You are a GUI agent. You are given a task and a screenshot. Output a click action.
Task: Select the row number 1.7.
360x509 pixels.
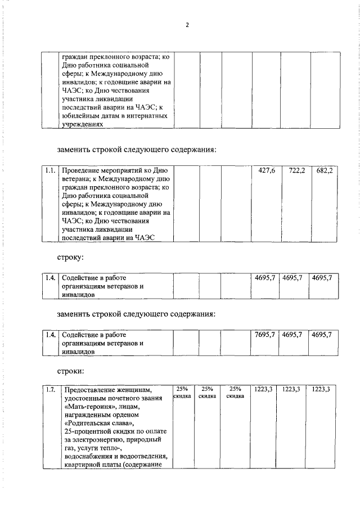pos(51,389)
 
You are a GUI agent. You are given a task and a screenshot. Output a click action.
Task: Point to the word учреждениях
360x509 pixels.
pos(83,124)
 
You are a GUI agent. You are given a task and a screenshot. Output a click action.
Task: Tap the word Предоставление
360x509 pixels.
pos(92,389)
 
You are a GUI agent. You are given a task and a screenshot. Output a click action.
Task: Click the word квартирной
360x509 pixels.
pos(83,465)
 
